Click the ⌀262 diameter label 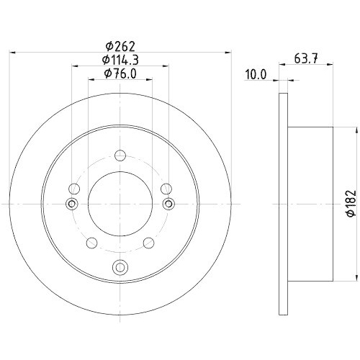(120, 47)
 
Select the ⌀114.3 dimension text (120, 60)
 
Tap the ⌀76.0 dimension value (120, 73)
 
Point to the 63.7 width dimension (306, 58)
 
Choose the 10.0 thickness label (256, 75)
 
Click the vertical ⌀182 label (351, 204)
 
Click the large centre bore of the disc (120, 204)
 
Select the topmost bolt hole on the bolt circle (120, 156)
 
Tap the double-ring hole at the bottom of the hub (120, 267)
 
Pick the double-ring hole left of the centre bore (71, 204)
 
